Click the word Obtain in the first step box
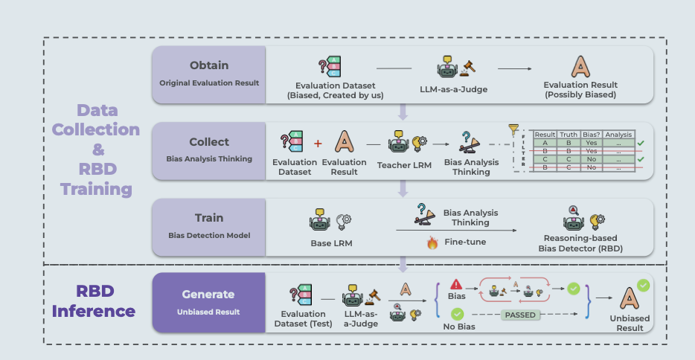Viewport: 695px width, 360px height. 209,65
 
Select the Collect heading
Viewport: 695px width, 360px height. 209,141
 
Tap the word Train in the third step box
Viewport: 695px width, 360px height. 209,218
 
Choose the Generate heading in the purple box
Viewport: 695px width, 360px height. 208,294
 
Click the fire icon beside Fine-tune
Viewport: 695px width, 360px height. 432,242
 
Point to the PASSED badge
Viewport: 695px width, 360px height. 520,314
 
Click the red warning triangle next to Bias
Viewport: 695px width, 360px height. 456,284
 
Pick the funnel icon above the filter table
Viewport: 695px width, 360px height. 512,129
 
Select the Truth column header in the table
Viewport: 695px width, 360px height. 569,135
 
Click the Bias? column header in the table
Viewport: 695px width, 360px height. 592,135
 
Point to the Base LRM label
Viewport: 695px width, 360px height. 331,242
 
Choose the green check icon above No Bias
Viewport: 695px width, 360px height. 457,315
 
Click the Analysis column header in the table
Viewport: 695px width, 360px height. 619,135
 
